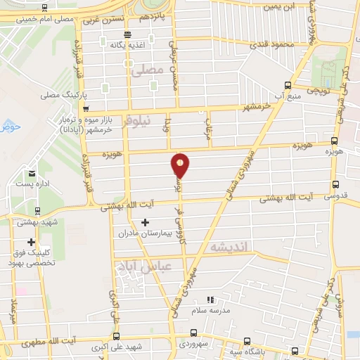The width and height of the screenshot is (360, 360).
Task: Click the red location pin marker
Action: [181, 165]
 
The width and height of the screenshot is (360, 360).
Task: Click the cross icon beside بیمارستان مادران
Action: [146, 224]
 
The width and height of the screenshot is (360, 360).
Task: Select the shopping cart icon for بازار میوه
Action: [86, 110]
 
